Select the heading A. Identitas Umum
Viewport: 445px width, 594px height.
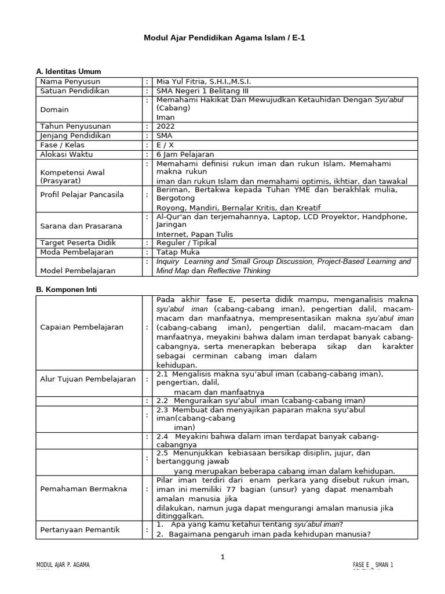(68, 71)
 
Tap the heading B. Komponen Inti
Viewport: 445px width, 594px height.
(66, 288)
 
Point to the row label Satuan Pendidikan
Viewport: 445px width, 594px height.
(74, 91)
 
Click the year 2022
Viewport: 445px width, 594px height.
(165, 126)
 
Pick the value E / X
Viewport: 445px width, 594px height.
(166, 145)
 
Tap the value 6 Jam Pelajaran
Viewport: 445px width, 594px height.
(185, 154)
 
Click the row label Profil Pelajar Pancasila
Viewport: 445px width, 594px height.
(82, 195)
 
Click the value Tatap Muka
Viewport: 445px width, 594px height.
(178, 252)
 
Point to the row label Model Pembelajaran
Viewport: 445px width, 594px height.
(78, 270)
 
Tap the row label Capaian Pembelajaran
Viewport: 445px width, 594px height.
(82, 327)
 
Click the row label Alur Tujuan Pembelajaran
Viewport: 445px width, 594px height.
(88, 379)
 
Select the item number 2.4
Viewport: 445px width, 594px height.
(162, 436)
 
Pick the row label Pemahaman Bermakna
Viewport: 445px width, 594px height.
(83, 489)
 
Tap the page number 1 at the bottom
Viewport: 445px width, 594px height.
(222, 557)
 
